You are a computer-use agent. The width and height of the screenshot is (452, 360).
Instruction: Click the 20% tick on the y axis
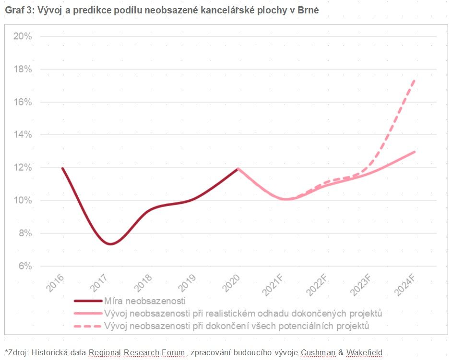22,36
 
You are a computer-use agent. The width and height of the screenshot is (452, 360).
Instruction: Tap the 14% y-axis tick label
22,135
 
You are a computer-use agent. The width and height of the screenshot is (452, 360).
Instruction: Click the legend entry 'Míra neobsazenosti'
144,301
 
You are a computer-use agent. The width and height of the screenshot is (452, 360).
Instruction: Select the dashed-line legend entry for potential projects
237,326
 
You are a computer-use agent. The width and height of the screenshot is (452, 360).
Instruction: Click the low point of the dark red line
111,244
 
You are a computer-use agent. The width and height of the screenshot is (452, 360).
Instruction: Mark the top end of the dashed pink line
415,80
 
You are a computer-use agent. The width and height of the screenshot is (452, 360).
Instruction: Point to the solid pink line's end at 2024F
415,151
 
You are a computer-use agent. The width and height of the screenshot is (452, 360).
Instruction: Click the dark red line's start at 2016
62,168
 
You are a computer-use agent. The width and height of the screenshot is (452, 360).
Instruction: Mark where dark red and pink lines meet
238,168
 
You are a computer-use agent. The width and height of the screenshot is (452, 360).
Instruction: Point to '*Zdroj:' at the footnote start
17,353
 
